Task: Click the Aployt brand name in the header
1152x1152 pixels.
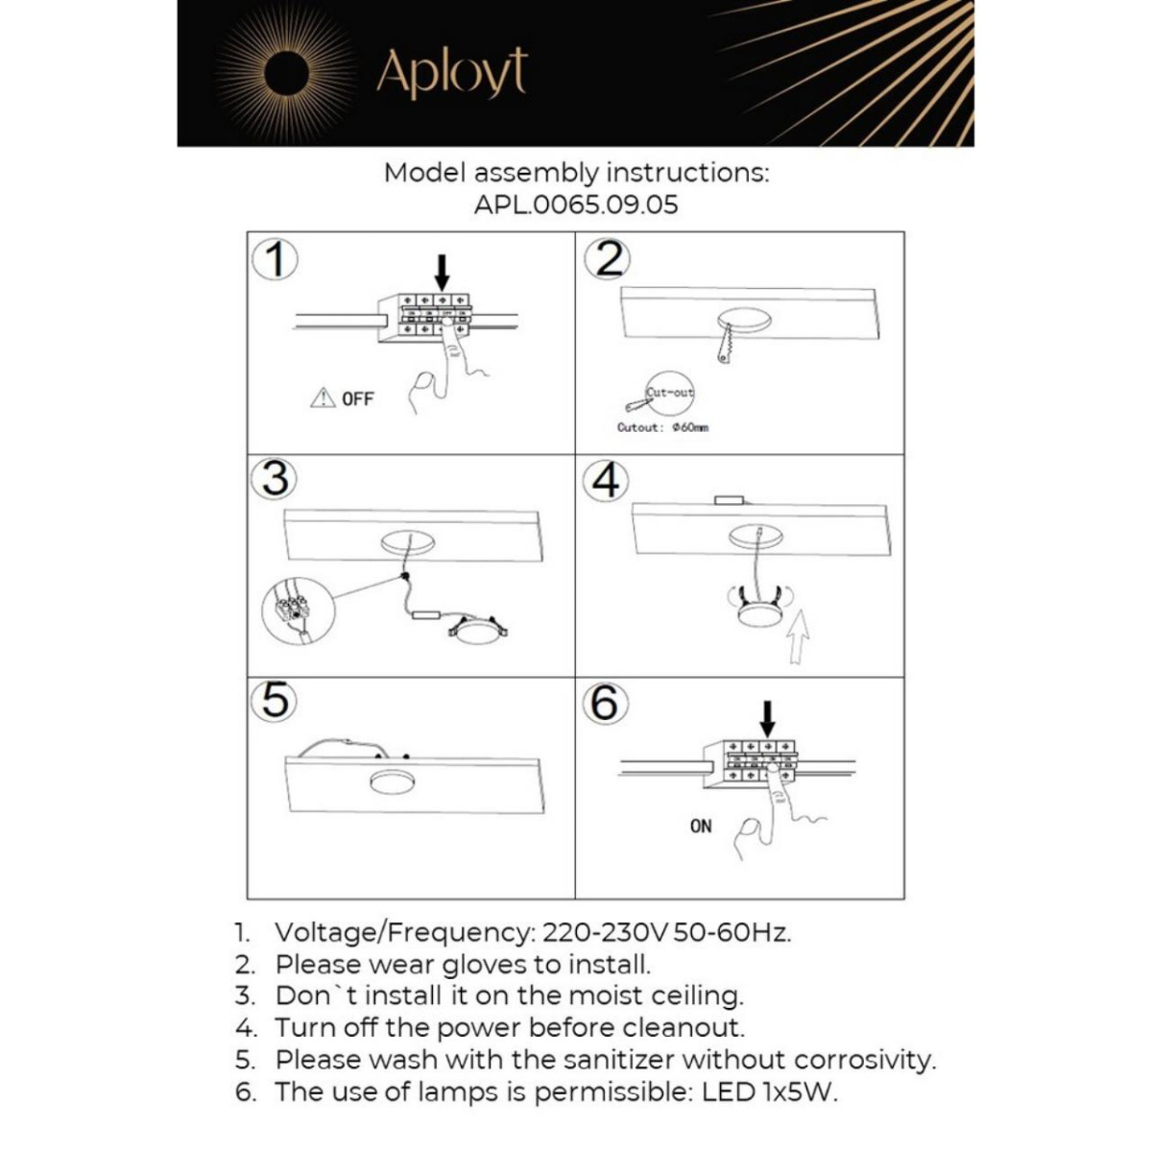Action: [x=451, y=72]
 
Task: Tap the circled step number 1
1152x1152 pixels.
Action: [x=276, y=259]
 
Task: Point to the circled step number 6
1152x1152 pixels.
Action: [x=605, y=703]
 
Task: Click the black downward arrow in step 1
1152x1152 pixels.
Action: [x=442, y=272]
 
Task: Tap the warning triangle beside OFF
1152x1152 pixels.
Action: [x=323, y=397]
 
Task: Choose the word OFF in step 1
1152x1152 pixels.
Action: [x=357, y=398]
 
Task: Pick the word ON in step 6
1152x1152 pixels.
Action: [x=701, y=826]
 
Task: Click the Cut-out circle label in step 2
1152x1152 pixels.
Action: [x=669, y=393]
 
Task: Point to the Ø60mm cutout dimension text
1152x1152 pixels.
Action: [x=690, y=427]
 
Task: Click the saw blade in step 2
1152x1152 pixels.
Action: [x=725, y=343]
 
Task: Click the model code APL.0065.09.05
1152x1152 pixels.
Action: [x=575, y=204]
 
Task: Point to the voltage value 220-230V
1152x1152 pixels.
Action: [x=605, y=932]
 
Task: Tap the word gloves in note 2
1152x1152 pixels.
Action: [x=485, y=964]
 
